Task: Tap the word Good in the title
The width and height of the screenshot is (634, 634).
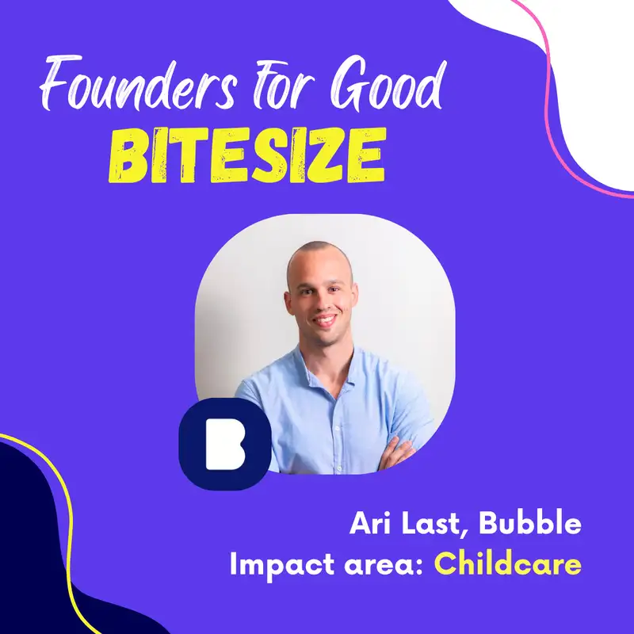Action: tap(388, 83)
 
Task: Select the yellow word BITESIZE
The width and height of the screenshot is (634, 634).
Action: tap(247, 155)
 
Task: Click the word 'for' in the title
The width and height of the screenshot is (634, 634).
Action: tap(284, 85)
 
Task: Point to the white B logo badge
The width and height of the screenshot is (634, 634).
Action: tap(225, 444)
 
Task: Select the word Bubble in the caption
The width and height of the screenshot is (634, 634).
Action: tap(530, 523)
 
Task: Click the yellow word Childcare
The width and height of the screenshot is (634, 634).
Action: tap(508, 563)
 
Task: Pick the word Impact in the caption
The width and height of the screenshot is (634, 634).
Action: tap(282, 565)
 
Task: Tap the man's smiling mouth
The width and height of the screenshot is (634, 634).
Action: tap(324, 320)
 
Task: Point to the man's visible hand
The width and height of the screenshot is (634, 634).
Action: tap(397, 453)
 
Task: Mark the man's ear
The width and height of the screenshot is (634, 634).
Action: tap(288, 304)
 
